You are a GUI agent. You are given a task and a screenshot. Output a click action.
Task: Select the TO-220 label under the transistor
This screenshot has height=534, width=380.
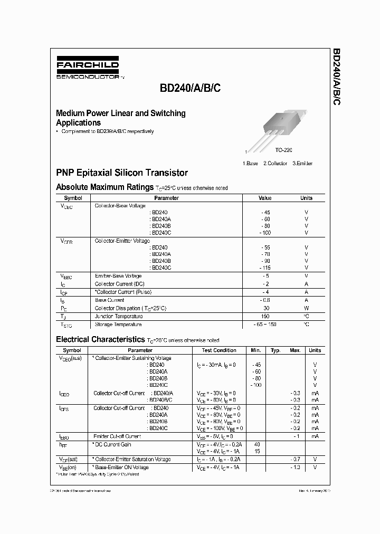pyautogui.click(x=283, y=150)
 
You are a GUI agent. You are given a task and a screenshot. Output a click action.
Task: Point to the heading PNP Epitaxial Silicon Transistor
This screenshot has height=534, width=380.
pyautogui.click(x=122, y=173)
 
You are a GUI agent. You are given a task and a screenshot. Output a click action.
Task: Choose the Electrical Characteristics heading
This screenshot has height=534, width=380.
pyautogui.click(x=100, y=339)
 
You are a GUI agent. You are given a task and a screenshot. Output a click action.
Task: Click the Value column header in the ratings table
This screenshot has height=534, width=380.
pyautogui.click(x=265, y=198)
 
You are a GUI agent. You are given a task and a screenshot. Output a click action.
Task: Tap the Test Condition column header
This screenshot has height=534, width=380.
pyautogui.click(x=219, y=350)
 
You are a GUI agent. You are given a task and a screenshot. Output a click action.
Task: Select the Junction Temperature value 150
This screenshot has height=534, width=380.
pyautogui.click(x=265, y=316)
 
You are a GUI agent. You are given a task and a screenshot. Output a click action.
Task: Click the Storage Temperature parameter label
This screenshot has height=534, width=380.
pyautogui.click(x=118, y=325)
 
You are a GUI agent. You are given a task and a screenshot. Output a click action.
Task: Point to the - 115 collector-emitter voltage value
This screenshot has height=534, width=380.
pyautogui.click(x=265, y=268)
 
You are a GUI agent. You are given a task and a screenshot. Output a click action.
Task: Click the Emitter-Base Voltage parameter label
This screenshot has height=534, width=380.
pyautogui.click(x=118, y=276)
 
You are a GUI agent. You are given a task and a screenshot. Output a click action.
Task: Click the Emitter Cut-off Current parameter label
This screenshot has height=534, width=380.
pyautogui.click(x=117, y=436)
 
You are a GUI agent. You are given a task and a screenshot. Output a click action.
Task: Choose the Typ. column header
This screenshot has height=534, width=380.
pyautogui.click(x=275, y=350)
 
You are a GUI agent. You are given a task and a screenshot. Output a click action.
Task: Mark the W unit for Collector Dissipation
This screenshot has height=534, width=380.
pyautogui.click(x=306, y=308)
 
